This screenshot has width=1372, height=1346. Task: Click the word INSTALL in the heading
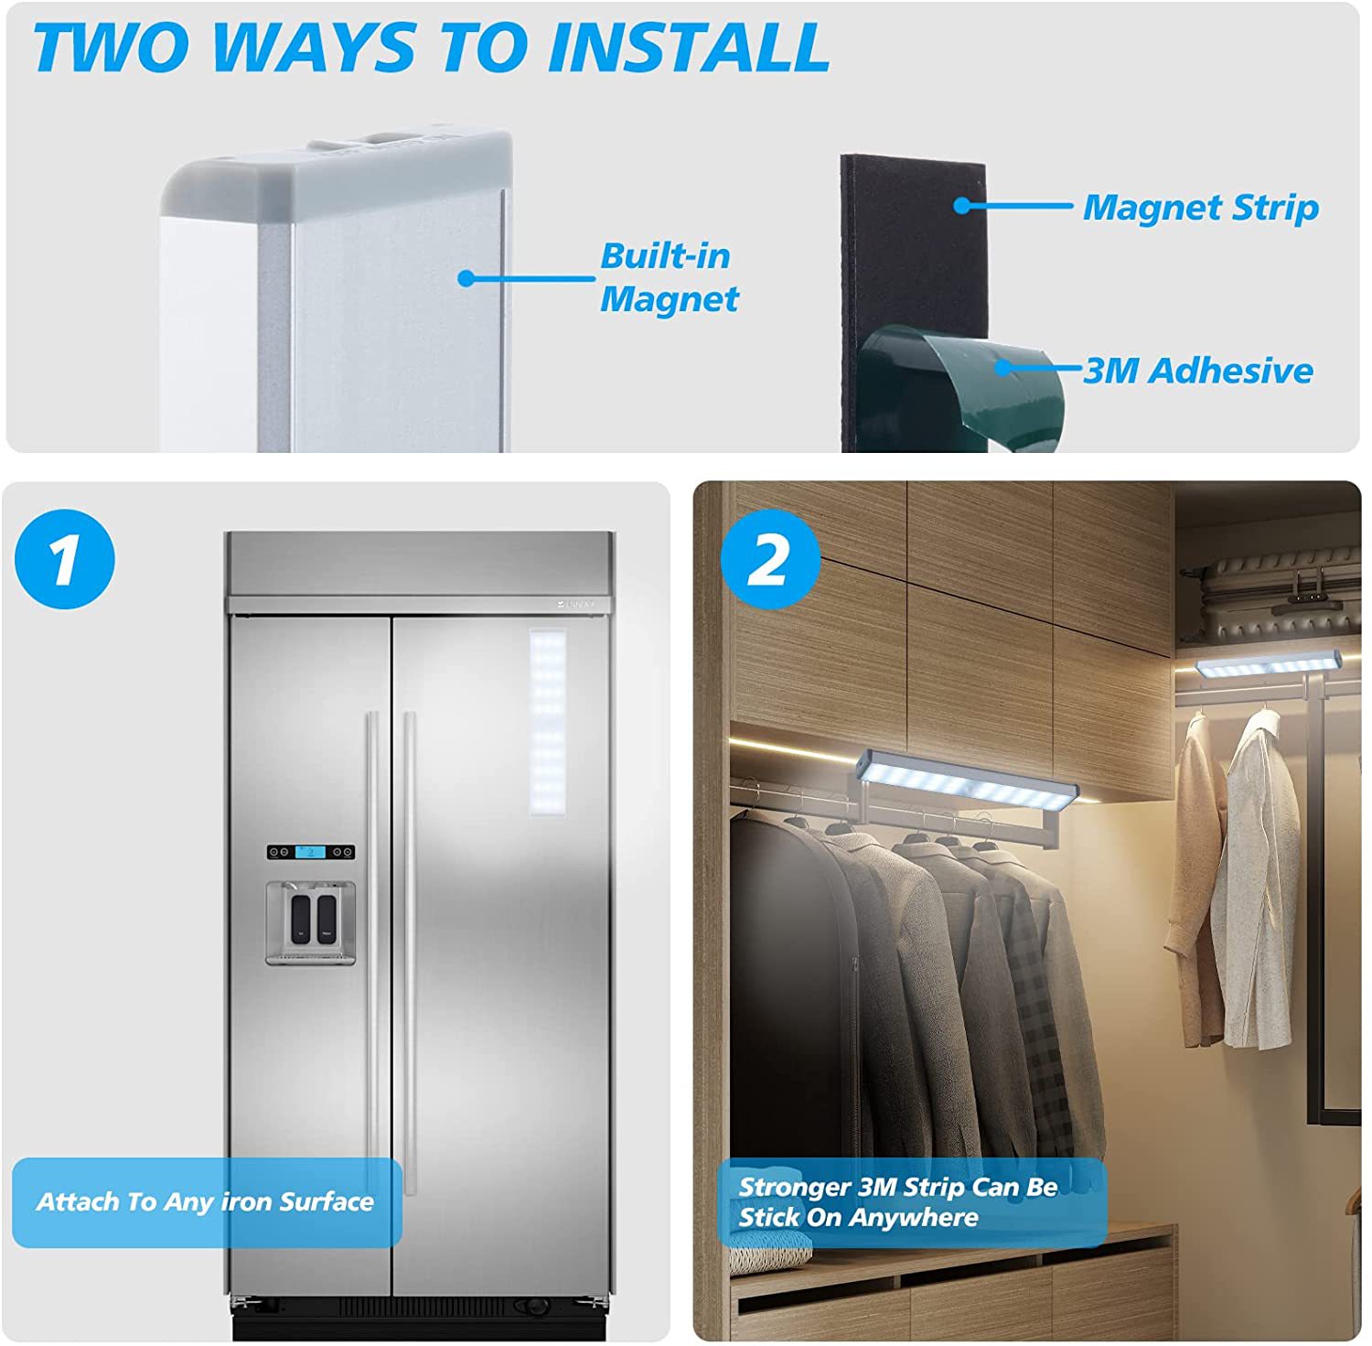click(691, 48)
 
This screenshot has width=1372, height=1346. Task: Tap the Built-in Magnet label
click(669, 277)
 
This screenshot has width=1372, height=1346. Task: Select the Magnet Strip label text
click(1201, 208)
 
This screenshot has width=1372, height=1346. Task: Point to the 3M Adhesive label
click(1198, 371)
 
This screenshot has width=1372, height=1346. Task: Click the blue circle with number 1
click(65, 559)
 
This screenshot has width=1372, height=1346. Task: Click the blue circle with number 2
click(769, 559)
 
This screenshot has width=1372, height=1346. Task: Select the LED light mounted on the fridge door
click(548, 720)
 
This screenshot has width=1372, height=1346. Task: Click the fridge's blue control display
click(311, 852)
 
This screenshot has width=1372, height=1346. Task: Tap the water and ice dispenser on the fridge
click(311, 922)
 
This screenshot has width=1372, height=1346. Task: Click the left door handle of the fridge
click(371, 952)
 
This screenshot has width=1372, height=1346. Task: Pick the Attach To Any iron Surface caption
click(206, 1201)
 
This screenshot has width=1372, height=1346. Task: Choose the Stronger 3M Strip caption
click(897, 1201)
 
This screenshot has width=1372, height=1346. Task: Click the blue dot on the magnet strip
click(961, 205)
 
